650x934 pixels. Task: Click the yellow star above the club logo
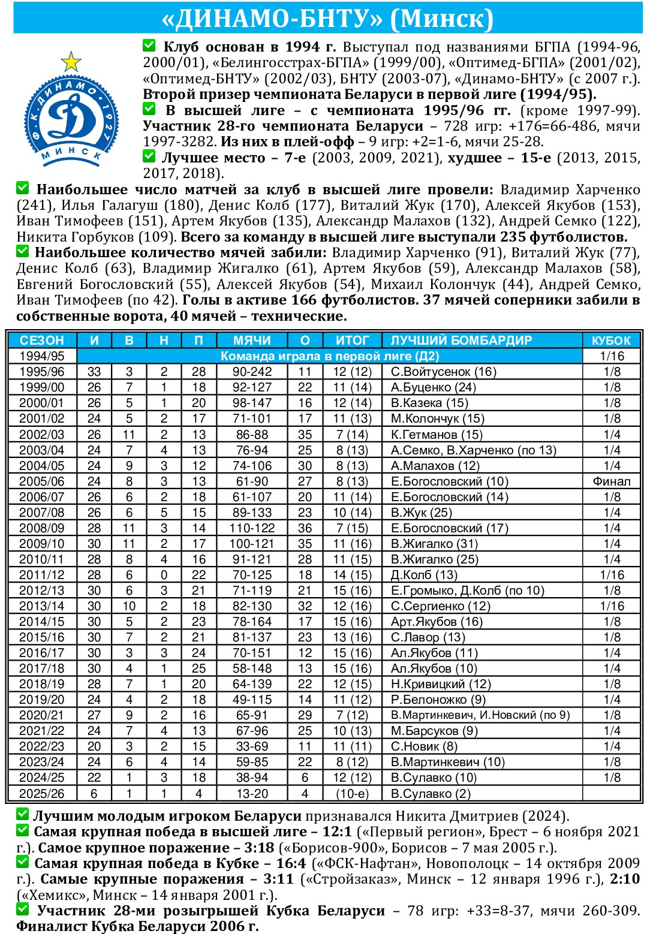71,61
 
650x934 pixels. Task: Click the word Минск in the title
441,19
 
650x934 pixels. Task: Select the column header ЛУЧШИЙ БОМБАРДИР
461,341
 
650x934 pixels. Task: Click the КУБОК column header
611,341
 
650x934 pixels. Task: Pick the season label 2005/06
41,481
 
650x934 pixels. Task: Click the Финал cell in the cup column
612,481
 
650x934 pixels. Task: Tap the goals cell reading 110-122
252,528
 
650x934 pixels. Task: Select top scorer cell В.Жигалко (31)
434,544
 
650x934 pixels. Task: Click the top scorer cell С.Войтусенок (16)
443,372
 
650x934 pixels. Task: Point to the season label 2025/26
41,793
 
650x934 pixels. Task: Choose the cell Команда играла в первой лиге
330,356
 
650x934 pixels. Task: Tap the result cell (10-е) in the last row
352,793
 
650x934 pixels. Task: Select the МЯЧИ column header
252,341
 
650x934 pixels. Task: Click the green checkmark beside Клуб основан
149,46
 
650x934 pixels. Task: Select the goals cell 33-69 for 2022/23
252,746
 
